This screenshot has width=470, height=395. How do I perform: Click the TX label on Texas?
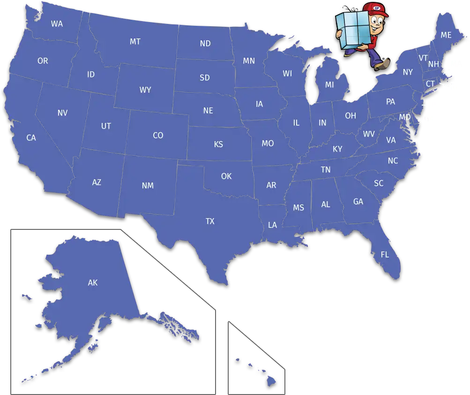(x=210, y=221)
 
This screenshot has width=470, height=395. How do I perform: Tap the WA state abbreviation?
(x=57, y=23)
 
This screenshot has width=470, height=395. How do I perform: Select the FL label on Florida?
(x=385, y=255)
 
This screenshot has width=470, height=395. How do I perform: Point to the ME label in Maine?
(x=446, y=35)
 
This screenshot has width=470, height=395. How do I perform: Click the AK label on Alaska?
(x=92, y=282)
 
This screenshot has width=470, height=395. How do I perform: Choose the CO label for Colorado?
(x=158, y=136)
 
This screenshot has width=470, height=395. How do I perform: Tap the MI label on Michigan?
(x=329, y=85)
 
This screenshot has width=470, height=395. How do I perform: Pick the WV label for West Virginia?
(x=369, y=134)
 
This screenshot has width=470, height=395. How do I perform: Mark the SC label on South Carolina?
(x=379, y=183)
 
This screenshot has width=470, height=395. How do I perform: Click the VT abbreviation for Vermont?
(x=423, y=58)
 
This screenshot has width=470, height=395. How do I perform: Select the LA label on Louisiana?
(x=272, y=225)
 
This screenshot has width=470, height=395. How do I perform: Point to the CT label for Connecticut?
(x=430, y=84)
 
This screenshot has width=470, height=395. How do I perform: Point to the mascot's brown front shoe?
(x=382, y=65)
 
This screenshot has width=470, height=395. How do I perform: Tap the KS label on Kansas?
(x=218, y=144)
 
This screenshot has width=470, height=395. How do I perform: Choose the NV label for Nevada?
(x=62, y=113)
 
